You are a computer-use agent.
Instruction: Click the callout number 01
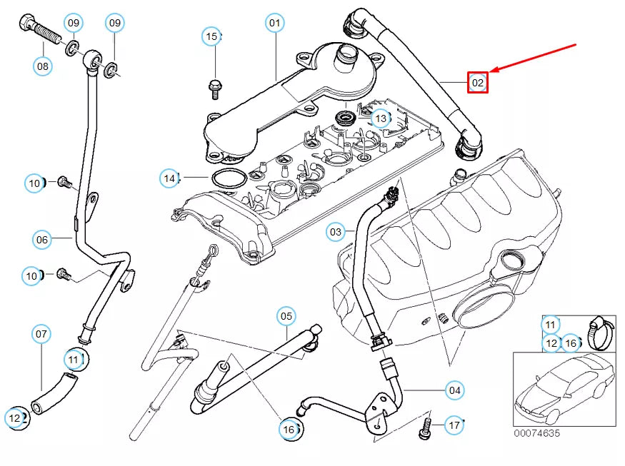275,23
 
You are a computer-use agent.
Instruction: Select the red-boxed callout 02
477,83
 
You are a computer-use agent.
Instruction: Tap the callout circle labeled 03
336,231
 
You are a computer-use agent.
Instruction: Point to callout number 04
454,390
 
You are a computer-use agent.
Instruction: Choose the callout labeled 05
286,315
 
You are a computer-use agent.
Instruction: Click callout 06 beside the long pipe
42,240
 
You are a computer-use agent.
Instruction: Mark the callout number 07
41,333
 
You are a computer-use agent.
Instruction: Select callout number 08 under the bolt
43,66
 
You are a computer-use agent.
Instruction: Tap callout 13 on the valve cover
381,118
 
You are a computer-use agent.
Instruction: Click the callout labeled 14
169,178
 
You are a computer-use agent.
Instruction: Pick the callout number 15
211,36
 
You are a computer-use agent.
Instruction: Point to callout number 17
454,426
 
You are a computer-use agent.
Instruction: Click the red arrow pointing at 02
536,58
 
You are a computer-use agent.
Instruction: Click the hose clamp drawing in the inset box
601,332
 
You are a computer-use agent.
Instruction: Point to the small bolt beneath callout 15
213,87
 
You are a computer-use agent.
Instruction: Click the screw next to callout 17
426,428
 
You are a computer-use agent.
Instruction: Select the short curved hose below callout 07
51,395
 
